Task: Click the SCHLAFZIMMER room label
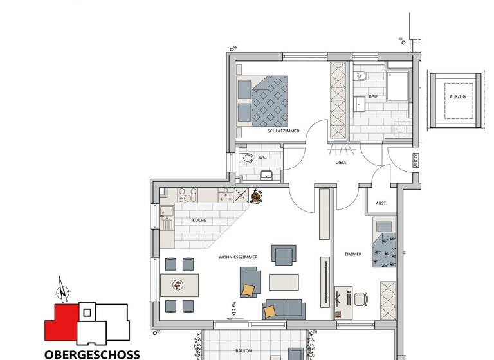tap(284, 130)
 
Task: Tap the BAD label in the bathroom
tap(372, 96)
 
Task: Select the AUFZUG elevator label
tap(457, 97)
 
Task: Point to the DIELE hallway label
tap(341, 163)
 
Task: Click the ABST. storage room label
tap(381, 203)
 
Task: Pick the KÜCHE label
tap(199, 221)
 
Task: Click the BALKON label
tap(244, 351)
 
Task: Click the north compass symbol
tap(62, 291)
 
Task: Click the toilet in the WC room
tap(246, 158)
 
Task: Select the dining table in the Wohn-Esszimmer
tap(179, 285)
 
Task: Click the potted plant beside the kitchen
tap(257, 197)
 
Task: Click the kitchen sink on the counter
tap(167, 223)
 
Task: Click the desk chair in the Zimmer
tap(360, 299)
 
